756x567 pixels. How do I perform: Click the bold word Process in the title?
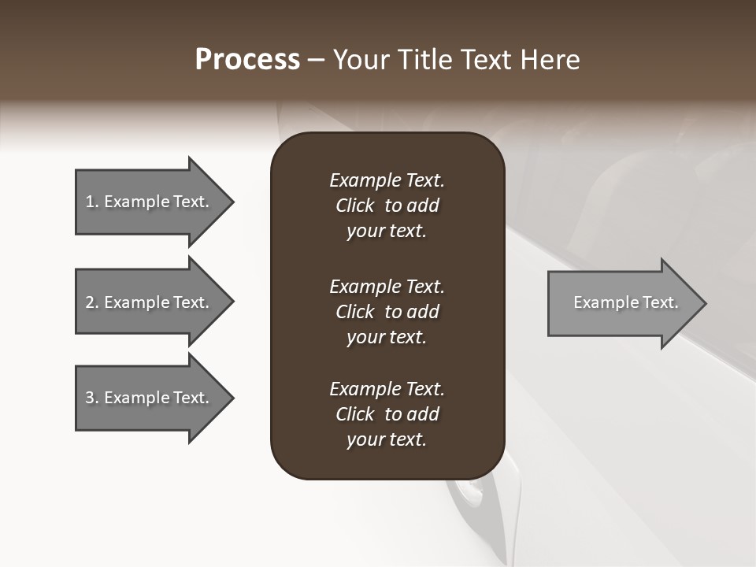tap(247, 60)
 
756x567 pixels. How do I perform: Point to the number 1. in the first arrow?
tap(92, 202)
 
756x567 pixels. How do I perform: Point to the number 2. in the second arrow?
tap(92, 302)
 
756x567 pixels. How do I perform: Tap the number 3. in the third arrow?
tap(92, 398)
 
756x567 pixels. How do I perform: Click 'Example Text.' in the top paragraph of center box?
tap(387, 180)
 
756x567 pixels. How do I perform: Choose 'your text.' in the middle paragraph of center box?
tap(387, 337)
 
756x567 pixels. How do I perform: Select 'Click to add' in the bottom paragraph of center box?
tap(387, 414)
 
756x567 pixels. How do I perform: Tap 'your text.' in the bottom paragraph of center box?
tap(387, 439)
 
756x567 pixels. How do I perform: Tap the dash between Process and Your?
tap(317, 60)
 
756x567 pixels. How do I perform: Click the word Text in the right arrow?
tap(660, 302)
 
